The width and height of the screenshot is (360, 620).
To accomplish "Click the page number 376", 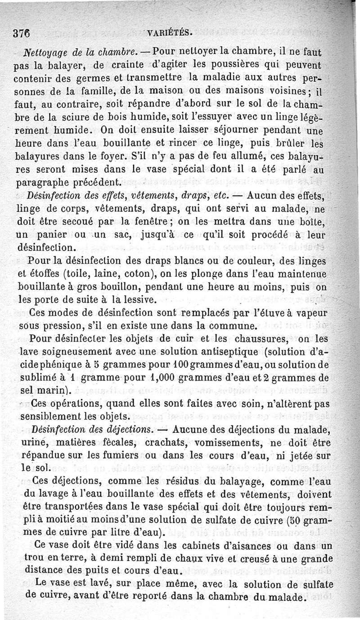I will click(x=22, y=33).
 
